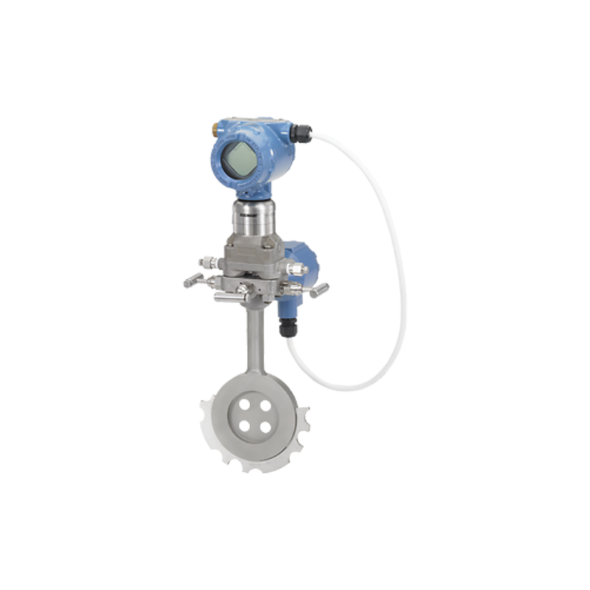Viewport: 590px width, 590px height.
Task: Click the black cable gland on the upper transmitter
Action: click(x=298, y=133)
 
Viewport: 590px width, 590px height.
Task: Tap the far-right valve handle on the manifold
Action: click(x=319, y=290)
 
